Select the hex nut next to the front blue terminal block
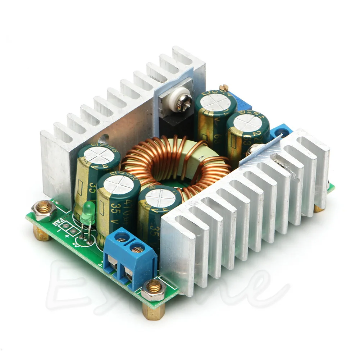click(x=153, y=289)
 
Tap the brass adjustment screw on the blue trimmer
click(x=224, y=87)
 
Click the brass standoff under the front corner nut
click(x=154, y=310)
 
